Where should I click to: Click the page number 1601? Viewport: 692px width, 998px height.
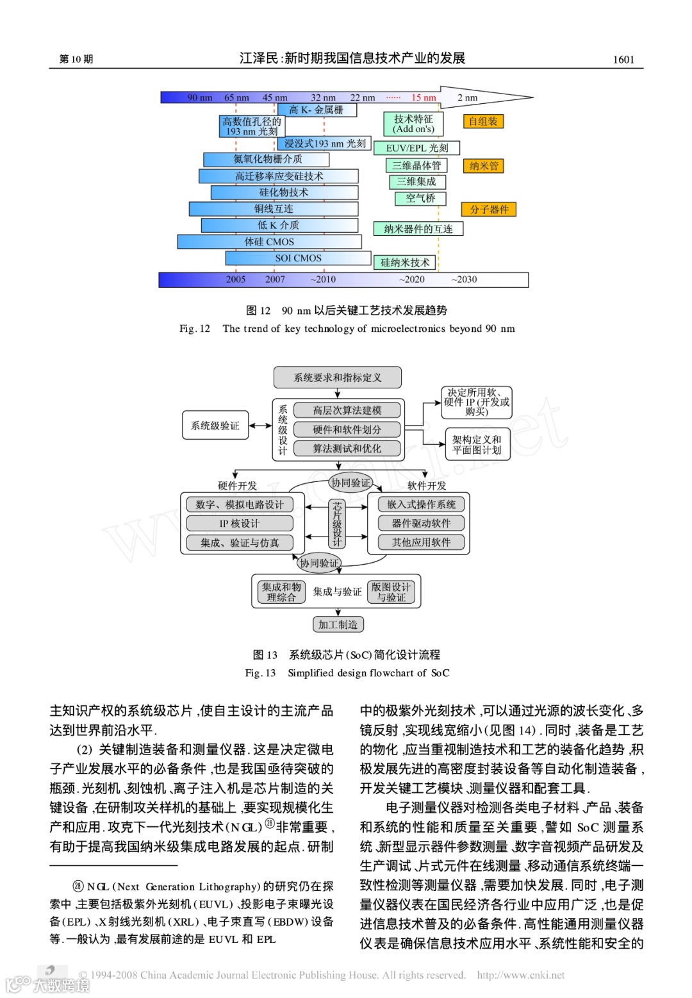click(623, 60)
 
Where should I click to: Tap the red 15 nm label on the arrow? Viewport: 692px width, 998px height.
click(424, 97)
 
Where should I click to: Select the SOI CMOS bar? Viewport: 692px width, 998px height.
click(299, 258)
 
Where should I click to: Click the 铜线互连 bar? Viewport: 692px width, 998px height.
click(274, 209)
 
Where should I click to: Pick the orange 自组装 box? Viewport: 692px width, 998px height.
click(483, 121)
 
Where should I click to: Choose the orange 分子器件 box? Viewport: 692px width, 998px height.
click(489, 210)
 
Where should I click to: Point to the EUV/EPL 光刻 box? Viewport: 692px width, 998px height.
click(417, 148)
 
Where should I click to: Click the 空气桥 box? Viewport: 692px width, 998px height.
click(420, 198)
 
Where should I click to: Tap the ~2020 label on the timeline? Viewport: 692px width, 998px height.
click(411, 279)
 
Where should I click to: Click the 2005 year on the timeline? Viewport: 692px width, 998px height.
click(235, 279)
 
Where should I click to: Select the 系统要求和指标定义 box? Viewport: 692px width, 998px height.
click(338, 378)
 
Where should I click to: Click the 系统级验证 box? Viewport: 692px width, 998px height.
click(215, 426)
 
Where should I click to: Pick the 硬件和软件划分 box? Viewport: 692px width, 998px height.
click(347, 429)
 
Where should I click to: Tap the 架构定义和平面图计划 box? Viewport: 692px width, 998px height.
click(477, 445)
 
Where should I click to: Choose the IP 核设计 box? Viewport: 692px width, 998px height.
click(240, 524)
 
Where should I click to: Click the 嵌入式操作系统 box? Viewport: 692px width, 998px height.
click(421, 504)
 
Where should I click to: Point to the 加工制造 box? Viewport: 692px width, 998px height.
click(338, 624)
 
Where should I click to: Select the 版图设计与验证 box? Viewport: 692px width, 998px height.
click(391, 592)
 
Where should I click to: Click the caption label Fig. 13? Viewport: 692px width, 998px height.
click(260, 673)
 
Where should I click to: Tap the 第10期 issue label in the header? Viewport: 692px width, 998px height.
click(76, 59)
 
